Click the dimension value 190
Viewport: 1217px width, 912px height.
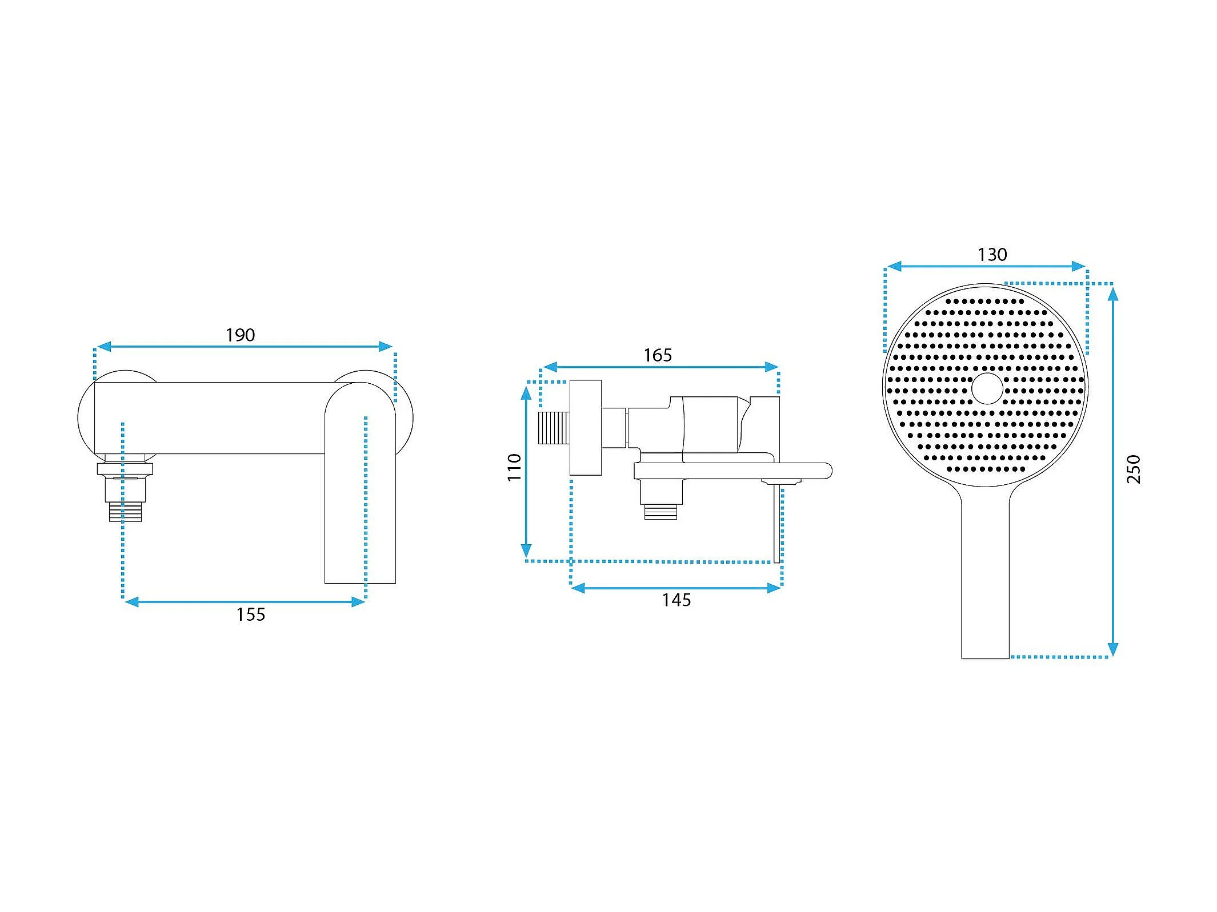coord(240,335)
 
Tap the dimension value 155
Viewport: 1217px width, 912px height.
coord(251,614)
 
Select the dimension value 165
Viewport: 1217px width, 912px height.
coord(658,355)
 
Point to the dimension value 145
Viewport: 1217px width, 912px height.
coord(676,600)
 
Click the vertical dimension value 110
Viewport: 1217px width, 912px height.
coord(514,467)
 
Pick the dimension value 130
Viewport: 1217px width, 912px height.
coord(992,255)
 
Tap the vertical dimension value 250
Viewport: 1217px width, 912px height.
coord(1134,469)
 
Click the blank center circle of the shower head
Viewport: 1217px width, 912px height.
coord(987,388)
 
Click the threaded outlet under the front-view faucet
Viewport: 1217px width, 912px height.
coord(125,512)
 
